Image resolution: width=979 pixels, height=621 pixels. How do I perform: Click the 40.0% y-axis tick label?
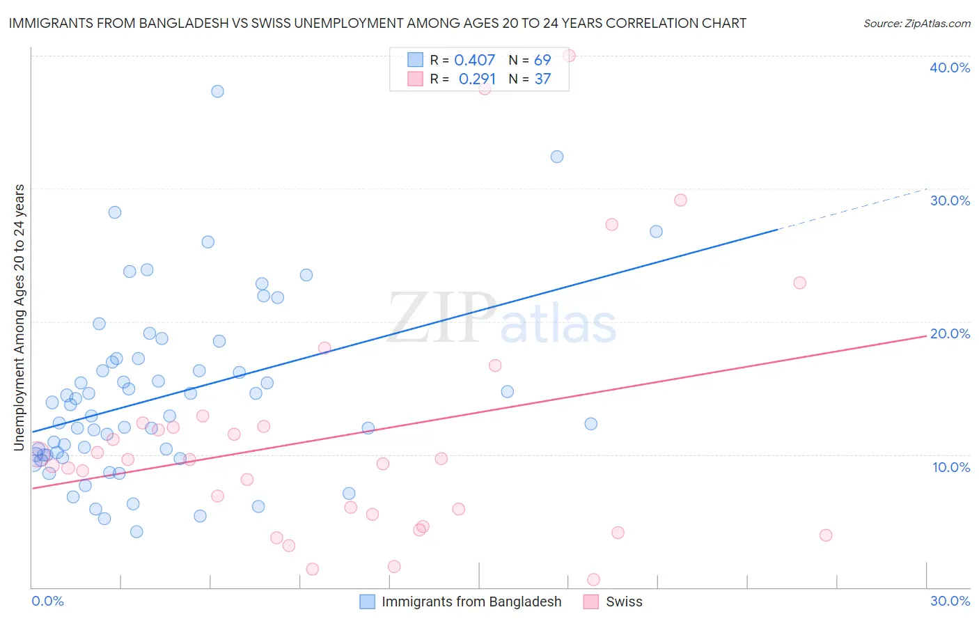[x=950, y=68]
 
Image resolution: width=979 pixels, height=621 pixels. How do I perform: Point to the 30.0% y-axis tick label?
[x=950, y=201]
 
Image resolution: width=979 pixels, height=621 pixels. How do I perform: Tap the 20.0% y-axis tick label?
[x=950, y=333]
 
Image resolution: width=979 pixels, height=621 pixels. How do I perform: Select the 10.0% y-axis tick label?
[x=951, y=467]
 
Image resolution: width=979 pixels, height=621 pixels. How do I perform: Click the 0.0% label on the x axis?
[x=47, y=601]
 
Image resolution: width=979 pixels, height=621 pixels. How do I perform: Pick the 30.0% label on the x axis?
[x=950, y=601]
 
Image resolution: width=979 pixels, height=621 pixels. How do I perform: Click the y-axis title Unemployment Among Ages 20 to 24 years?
[x=19, y=317]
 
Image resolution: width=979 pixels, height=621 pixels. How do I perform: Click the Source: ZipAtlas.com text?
[x=916, y=23]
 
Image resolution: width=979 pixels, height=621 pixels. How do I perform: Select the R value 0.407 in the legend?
[x=474, y=60]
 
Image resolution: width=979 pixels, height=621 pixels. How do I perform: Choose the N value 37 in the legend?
[x=542, y=79]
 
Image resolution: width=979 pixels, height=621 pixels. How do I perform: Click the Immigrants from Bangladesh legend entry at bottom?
[x=471, y=602]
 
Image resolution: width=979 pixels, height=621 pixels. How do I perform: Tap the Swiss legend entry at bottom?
[x=623, y=602]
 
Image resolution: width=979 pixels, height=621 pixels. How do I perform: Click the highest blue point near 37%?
[x=217, y=91]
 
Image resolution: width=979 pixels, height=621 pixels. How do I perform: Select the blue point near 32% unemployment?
[x=557, y=157]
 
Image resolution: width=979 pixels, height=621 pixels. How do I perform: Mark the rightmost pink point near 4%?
[x=826, y=535]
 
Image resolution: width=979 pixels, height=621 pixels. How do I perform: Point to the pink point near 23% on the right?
[x=800, y=283]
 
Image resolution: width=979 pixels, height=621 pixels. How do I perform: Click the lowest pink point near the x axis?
[x=594, y=579]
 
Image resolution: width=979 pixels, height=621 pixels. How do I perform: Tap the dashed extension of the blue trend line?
[x=853, y=209]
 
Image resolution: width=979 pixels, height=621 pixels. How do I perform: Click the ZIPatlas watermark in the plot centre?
[x=501, y=319]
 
